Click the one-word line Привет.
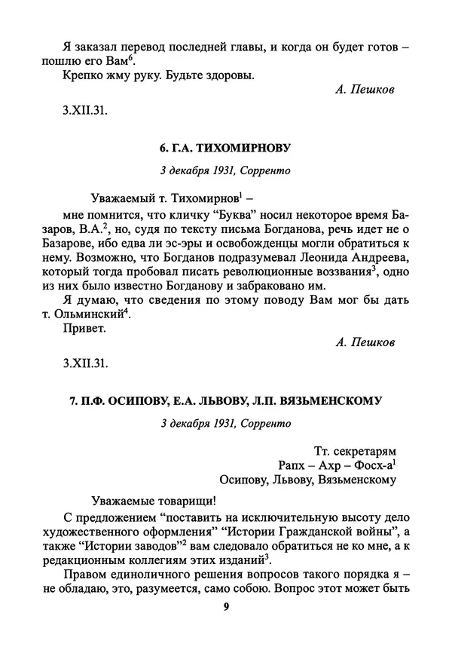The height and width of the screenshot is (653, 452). click(81, 330)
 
